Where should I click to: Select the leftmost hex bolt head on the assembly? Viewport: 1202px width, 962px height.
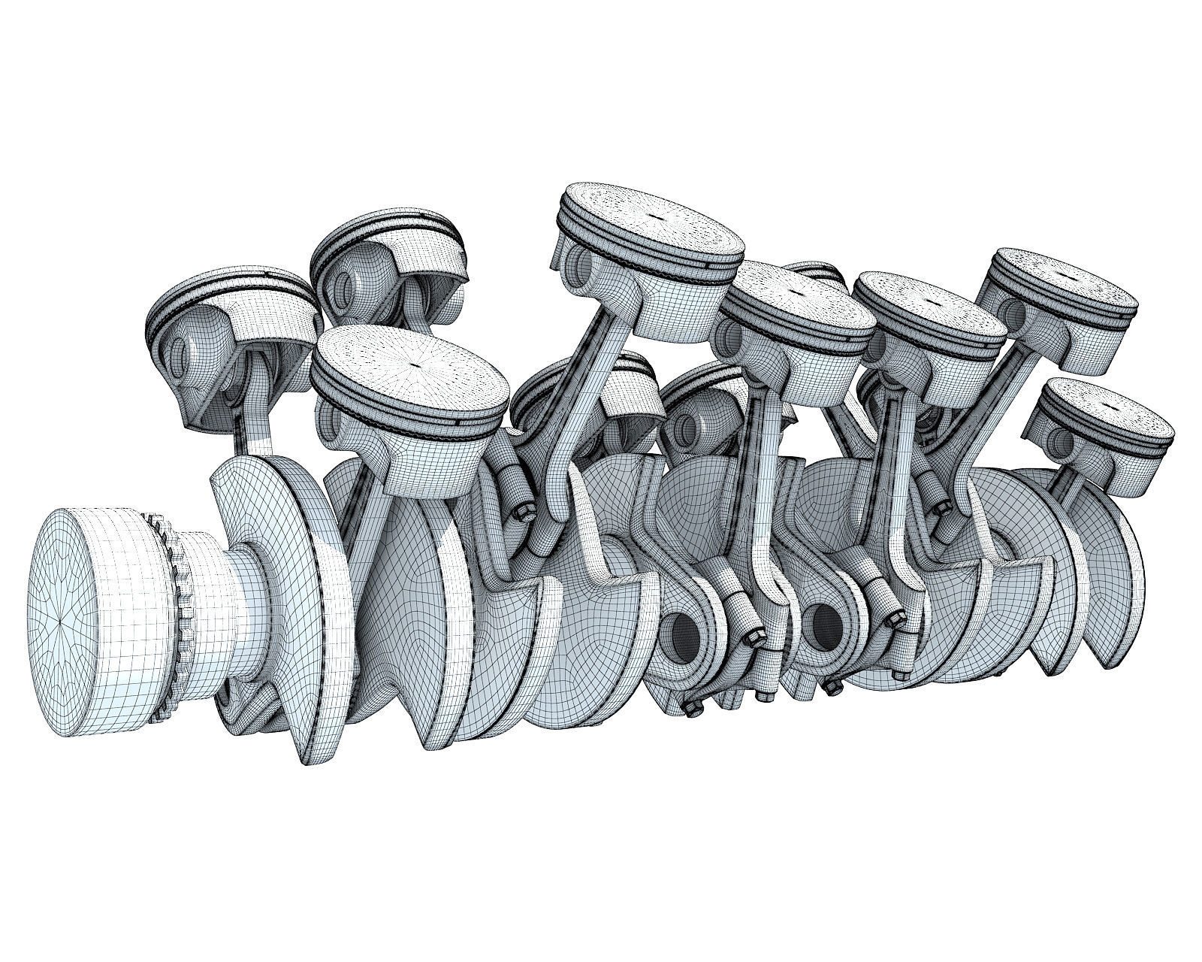coord(521,515)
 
